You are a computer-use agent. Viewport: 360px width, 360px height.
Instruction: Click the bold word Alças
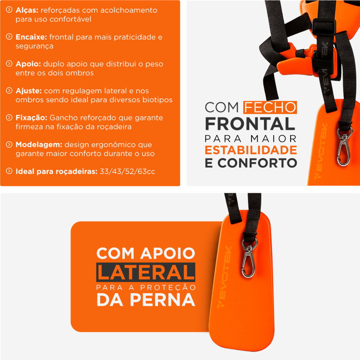[x=27, y=10]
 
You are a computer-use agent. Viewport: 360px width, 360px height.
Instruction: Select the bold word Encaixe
[x=31, y=37]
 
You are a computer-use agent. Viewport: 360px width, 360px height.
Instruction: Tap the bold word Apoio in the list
[x=28, y=64]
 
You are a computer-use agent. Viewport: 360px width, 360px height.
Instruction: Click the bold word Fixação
[x=31, y=118]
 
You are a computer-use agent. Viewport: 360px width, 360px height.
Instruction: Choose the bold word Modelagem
[x=39, y=144]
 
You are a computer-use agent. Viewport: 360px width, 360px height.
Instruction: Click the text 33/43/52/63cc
[x=127, y=172]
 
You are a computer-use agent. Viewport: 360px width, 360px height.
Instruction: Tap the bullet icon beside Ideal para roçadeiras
[x=9, y=171]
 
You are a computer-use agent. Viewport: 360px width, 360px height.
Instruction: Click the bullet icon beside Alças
[x=9, y=9]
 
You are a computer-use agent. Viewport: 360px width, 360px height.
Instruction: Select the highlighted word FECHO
[x=270, y=108]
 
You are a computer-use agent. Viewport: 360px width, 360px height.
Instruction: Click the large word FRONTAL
[x=250, y=124]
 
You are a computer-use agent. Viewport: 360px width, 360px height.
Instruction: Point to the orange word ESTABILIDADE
[x=251, y=150]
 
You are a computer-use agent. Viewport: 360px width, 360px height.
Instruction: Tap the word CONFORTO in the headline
[x=257, y=163]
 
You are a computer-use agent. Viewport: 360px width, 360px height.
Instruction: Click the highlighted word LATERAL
[x=146, y=272]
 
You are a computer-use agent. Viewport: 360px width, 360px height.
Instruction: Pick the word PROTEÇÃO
[x=168, y=288]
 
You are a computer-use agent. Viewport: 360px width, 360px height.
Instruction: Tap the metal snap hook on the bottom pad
[x=249, y=258]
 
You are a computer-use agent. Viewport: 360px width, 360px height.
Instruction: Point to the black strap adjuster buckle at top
[x=324, y=27]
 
